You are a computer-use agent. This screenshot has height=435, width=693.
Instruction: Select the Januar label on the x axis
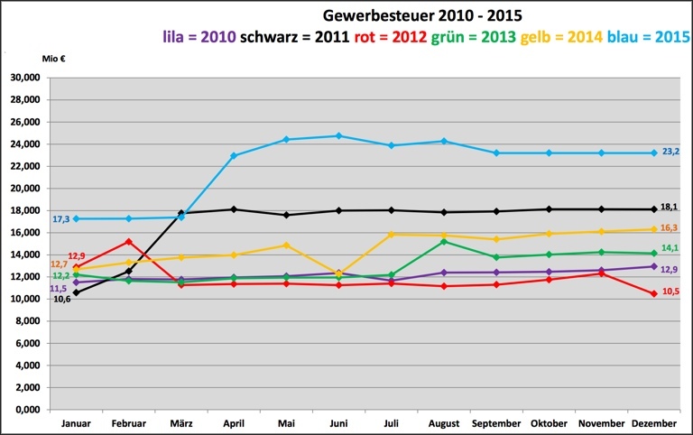point(76,423)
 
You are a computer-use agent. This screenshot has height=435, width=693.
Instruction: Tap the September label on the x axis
point(496,423)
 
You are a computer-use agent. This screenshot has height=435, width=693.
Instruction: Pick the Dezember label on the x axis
point(653,423)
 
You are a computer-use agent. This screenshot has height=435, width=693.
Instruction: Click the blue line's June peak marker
point(338,136)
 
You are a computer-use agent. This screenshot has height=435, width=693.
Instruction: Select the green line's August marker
point(443,241)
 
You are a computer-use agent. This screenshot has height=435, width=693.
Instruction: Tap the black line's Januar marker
point(76,292)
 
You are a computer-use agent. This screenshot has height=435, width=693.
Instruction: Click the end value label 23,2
point(670,153)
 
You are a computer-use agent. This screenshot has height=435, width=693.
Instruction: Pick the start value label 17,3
point(61,219)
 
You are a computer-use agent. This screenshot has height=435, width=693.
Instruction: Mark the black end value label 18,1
point(669,207)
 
